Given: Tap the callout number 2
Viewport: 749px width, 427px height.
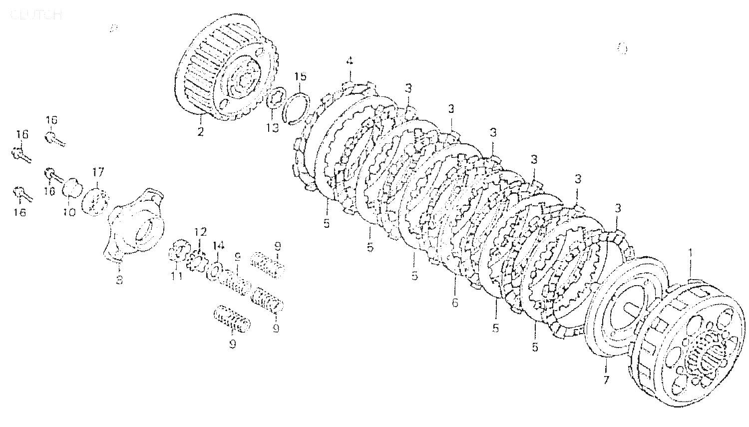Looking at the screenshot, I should point(200,132).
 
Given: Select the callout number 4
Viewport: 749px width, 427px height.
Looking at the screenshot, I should point(350,61).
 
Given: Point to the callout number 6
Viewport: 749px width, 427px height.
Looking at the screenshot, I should point(455,302).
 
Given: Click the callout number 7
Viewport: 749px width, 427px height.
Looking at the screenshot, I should point(606,380).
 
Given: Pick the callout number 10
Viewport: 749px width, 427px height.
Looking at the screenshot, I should point(69,212).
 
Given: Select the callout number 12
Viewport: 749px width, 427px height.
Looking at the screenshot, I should point(200,232).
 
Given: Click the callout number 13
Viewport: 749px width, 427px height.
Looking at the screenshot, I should point(272,128).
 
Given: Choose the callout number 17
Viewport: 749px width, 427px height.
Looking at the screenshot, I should point(98,172).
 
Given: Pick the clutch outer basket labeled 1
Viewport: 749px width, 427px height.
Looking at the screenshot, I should point(689,340).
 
